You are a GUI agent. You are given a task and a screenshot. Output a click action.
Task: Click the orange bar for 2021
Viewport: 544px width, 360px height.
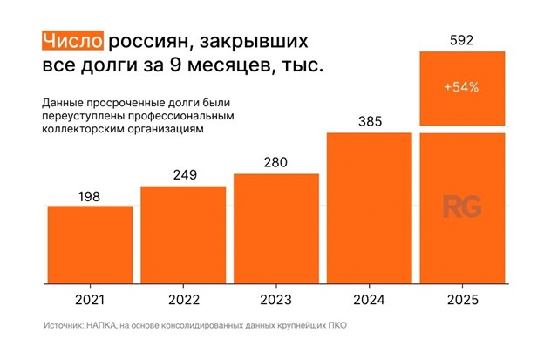point(89,245)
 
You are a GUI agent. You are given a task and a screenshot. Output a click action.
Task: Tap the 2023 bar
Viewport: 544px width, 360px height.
point(275,229)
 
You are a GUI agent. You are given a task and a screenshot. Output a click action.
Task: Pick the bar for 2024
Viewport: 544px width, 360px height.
point(369,208)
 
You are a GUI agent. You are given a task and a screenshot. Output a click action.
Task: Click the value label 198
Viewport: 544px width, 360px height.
point(88,196)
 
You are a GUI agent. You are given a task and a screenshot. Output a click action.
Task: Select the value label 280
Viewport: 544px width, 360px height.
point(275,163)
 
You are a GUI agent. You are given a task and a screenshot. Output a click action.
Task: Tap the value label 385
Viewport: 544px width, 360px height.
point(369,122)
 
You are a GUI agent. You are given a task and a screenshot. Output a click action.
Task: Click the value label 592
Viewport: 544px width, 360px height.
point(462,39)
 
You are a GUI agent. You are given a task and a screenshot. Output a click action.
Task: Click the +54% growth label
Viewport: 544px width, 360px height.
point(462,88)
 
